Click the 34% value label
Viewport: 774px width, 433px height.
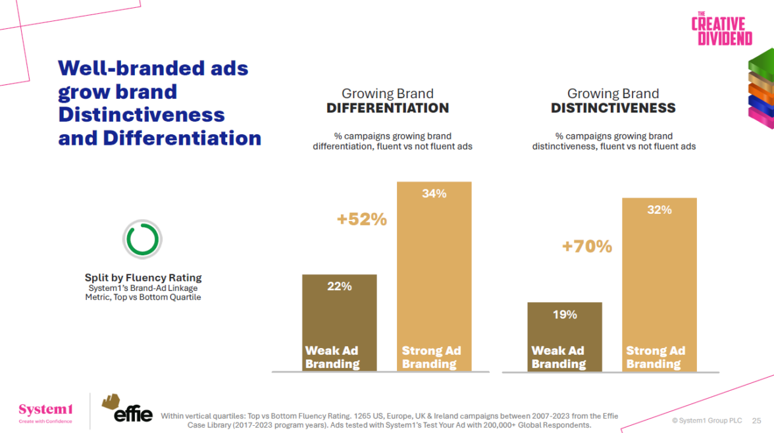coord(434,193)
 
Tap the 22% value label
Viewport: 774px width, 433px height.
coord(340,286)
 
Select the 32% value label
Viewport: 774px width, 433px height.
coord(659,210)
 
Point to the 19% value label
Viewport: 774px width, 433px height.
coord(565,315)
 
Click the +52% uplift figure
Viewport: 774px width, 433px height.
coord(361,220)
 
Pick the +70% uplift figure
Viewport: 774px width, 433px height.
coord(586,247)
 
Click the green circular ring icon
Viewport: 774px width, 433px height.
coord(142,239)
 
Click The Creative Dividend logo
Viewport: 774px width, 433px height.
coord(721,29)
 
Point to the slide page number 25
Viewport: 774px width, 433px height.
coord(756,420)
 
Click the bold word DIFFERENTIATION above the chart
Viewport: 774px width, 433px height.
coord(388,108)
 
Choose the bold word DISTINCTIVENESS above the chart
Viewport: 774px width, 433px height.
coord(613,108)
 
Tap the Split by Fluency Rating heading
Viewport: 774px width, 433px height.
coord(143,278)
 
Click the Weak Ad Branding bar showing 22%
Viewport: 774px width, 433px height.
coord(340,316)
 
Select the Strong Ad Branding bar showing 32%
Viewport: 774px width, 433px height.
coord(659,276)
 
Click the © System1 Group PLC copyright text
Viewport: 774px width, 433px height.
coord(707,420)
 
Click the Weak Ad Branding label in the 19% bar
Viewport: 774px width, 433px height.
coord(558,357)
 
